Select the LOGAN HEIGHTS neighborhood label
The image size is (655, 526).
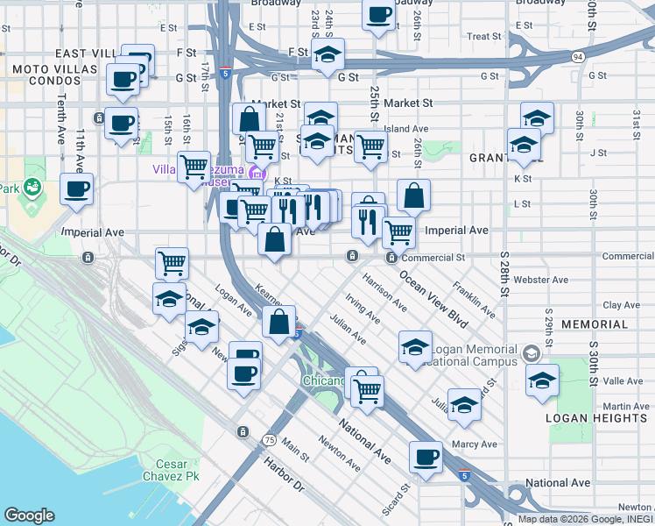[596, 418]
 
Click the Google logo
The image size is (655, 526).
[29, 515]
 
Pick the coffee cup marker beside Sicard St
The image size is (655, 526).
[426, 457]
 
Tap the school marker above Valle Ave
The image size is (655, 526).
[543, 380]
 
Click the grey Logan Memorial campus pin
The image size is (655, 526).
[530, 353]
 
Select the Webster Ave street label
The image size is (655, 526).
[544, 280]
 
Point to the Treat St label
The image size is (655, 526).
[483, 37]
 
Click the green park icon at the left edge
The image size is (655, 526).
[32, 186]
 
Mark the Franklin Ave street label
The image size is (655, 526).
[474, 299]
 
